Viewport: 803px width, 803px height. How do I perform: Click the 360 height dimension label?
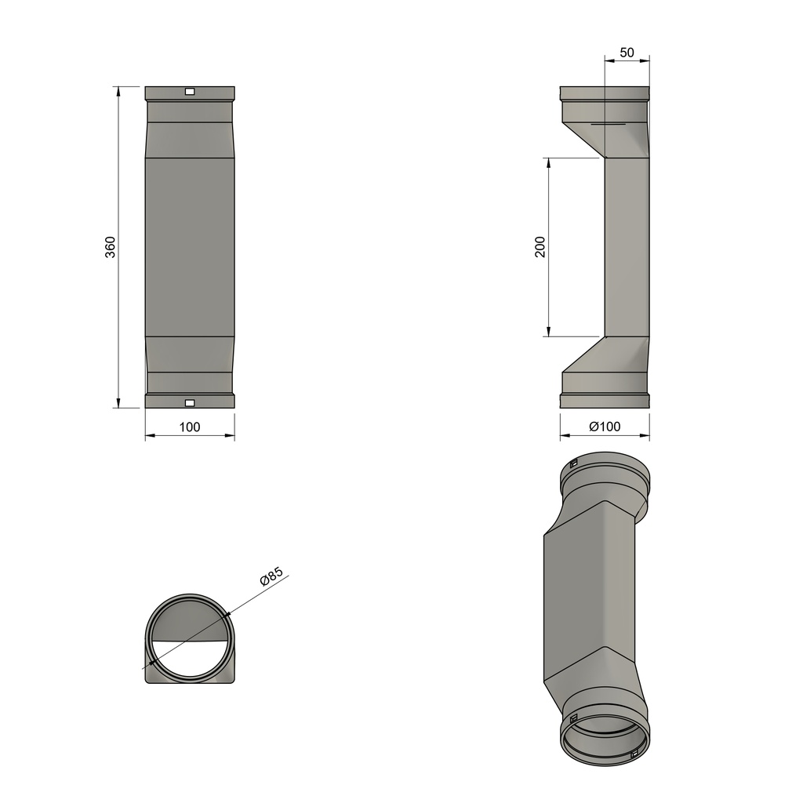tap(111, 246)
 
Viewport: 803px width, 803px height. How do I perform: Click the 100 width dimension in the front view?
tap(190, 427)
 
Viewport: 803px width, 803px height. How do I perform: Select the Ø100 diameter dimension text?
tap(604, 427)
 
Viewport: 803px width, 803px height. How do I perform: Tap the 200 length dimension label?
tap(540, 247)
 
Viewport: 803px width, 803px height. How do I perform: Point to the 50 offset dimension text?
tap(627, 53)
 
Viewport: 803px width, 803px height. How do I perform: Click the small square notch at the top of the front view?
tap(189, 92)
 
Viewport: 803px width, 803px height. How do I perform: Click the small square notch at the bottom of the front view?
tap(189, 403)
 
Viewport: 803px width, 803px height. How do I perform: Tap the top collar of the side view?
tap(604, 93)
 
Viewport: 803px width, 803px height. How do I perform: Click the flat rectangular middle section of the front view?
tap(190, 247)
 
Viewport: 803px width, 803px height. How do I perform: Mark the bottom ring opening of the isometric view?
tap(605, 741)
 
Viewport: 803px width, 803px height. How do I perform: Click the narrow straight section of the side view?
tap(627, 247)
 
